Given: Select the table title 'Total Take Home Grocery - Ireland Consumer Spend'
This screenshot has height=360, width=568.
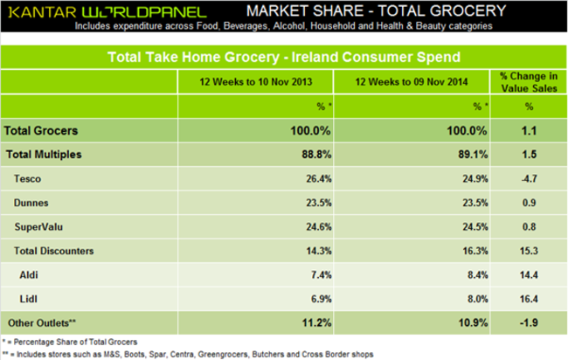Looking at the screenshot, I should point(284,58).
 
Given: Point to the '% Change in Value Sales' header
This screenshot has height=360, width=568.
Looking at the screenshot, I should point(529,82).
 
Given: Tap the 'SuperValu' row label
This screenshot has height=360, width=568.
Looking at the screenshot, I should point(38,226).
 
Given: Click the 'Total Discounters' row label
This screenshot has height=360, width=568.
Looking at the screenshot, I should point(56,250).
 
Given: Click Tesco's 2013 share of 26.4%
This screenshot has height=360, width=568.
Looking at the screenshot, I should point(315,178).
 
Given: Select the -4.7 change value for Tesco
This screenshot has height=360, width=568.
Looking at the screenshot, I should point(529,178).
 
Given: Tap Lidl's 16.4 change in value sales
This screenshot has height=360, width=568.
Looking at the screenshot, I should point(529,298).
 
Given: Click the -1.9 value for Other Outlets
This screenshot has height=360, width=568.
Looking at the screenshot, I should point(529,322).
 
